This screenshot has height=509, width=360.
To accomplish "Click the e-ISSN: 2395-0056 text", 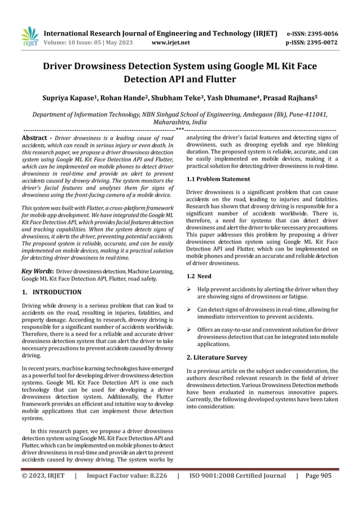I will click(x=321, y=33).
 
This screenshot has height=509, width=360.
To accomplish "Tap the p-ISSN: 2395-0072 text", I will click(x=320, y=42).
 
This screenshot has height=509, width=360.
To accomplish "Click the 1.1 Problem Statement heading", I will click(x=218, y=179).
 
